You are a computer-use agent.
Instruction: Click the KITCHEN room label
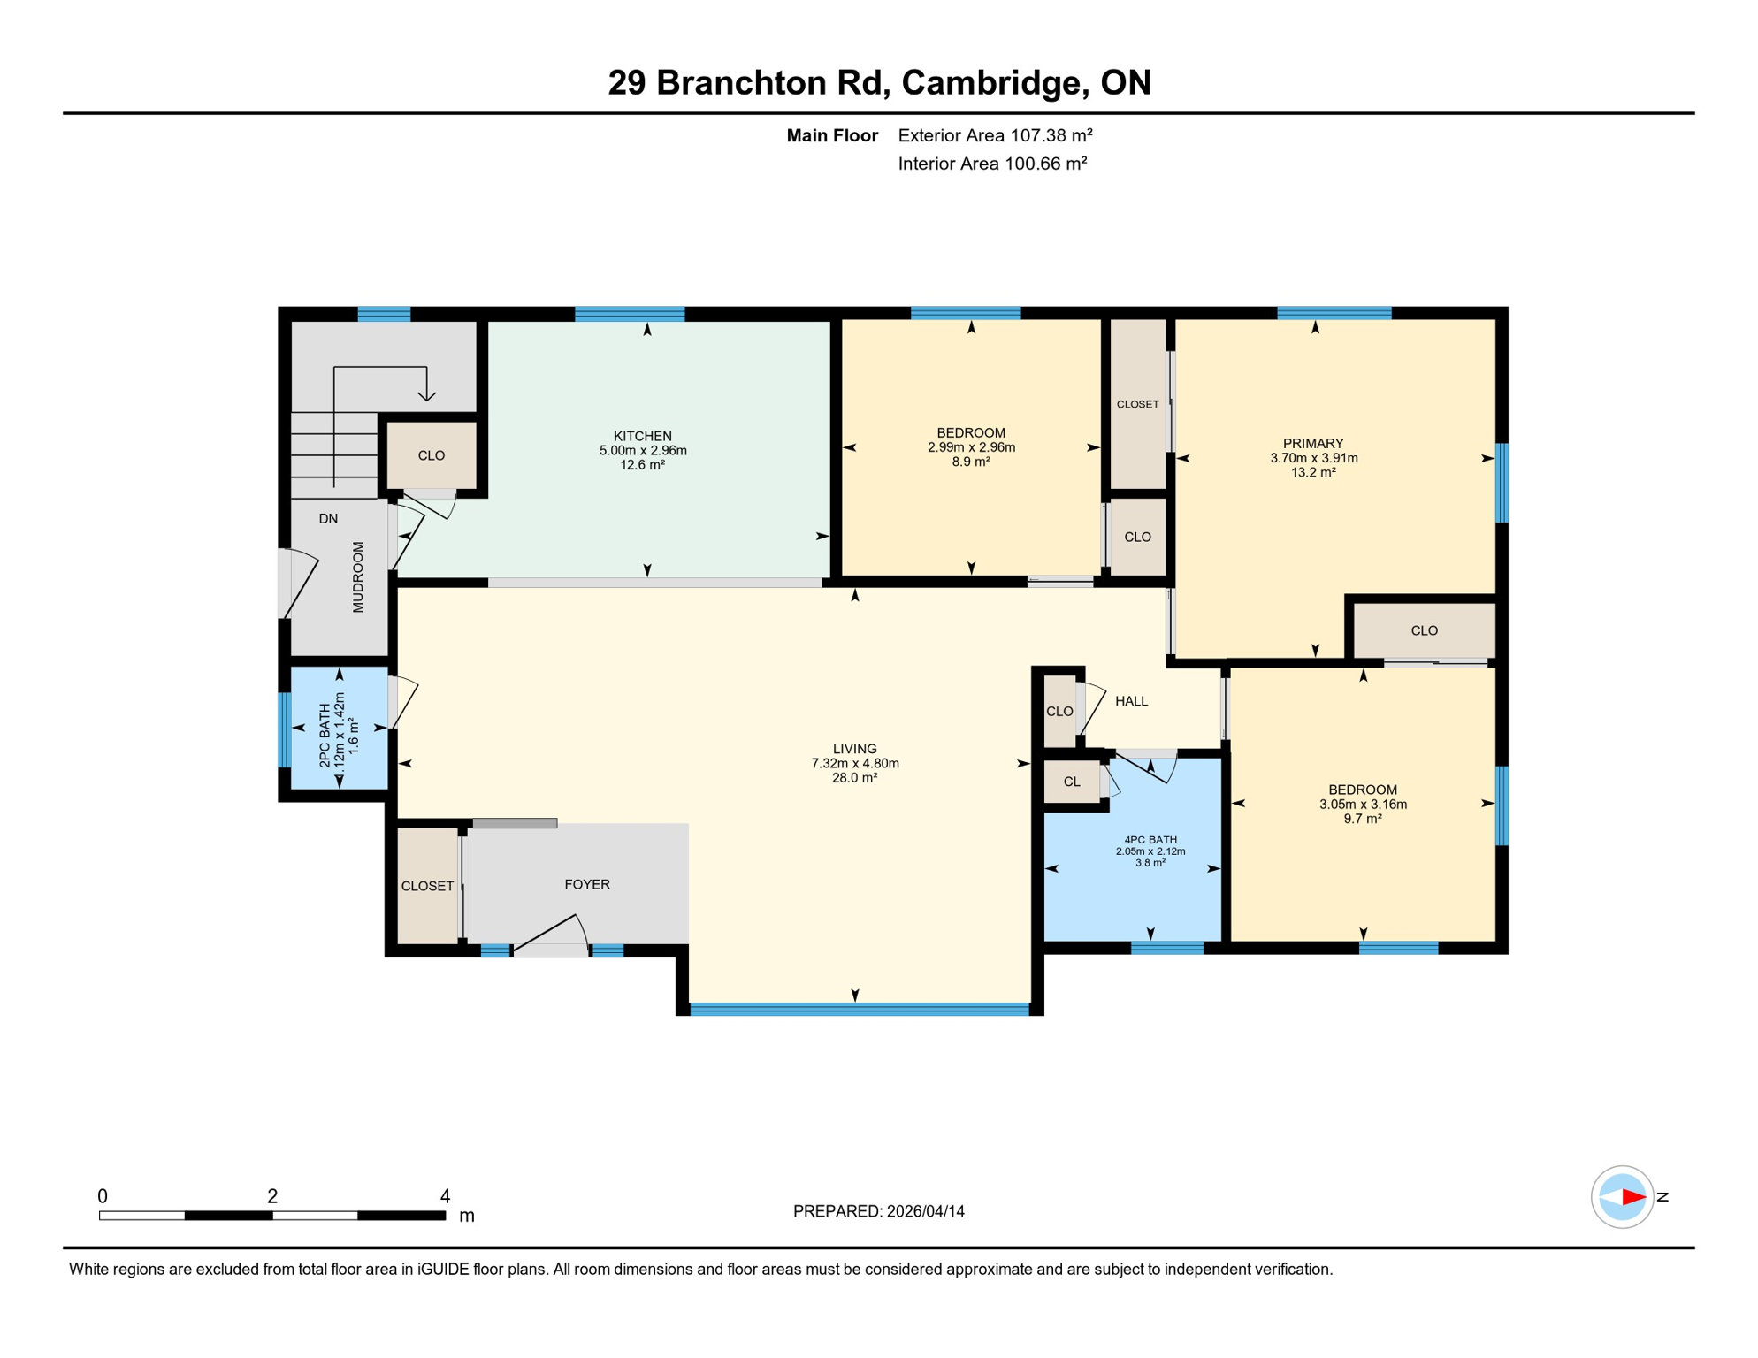(x=643, y=436)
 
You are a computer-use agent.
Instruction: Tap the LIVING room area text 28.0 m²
(x=854, y=778)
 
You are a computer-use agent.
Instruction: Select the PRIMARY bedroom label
(x=1313, y=443)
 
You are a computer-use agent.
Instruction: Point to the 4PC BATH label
(x=1150, y=840)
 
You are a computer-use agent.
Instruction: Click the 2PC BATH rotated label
(x=325, y=735)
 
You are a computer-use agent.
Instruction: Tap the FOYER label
(x=587, y=884)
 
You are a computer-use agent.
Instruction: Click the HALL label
(x=1131, y=701)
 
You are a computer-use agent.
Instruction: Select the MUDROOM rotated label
(x=358, y=577)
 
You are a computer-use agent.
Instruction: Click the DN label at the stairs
(x=328, y=519)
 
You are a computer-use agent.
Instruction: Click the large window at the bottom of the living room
(x=860, y=1009)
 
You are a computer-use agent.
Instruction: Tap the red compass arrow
(x=1632, y=1197)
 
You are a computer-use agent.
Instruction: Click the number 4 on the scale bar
(x=445, y=1196)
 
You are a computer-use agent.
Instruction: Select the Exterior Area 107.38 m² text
(x=995, y=135)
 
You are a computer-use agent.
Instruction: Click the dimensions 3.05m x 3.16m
(x=1363, y=805)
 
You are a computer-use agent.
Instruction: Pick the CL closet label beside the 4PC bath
(x=1072, y=782)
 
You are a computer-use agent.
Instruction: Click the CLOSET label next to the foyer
(x=427, y=886)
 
